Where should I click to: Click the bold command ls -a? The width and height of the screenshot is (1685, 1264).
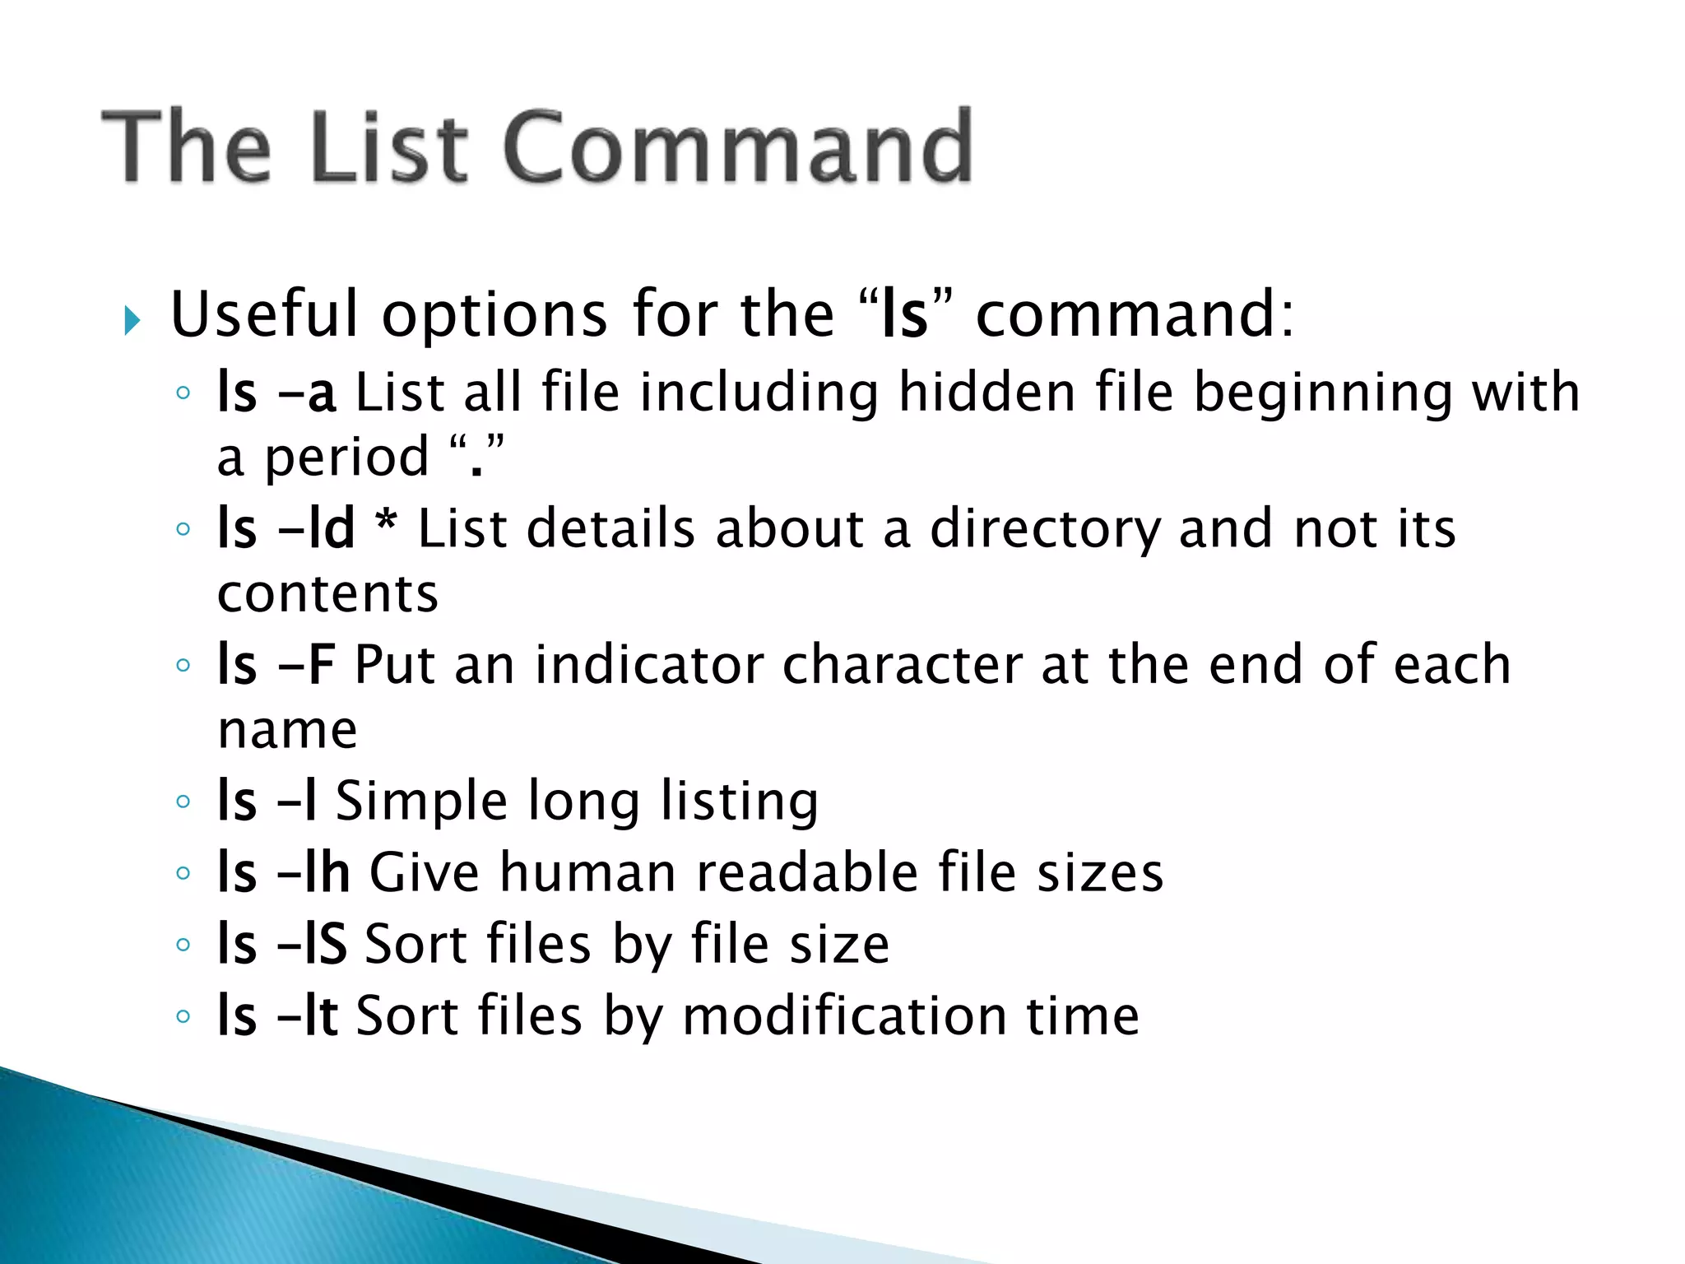[276, 393]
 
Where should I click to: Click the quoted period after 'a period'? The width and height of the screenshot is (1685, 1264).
[476, 458]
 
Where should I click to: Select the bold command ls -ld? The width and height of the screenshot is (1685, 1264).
[285, 528]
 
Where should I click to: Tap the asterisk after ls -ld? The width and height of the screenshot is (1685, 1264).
[386, 523]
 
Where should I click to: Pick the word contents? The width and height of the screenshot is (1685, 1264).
[327, 594]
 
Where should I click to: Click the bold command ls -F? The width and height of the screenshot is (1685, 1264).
[276, 665]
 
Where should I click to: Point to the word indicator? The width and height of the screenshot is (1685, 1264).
[649, 665]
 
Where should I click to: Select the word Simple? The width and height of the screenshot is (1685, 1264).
[421, 802]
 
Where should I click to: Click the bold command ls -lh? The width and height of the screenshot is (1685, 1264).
[284, 872]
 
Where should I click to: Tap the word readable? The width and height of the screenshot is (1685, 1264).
[807, 872]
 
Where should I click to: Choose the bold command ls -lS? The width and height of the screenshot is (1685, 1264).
[282, 944]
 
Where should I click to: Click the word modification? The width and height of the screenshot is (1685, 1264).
[844, 1015]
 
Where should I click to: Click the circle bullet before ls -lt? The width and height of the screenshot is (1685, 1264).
[183, 1016]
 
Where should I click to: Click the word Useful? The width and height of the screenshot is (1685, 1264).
[265, 315]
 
